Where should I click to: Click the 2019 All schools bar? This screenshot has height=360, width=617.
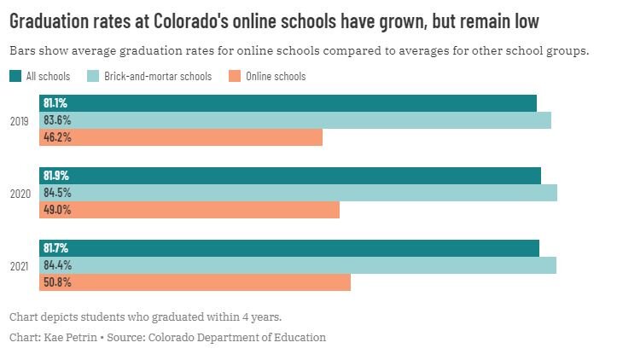point(288,103)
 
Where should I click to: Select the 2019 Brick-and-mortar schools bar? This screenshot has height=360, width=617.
point(295,120)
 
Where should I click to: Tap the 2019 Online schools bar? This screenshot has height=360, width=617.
point(181,137)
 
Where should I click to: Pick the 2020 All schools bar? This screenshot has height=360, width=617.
point(290,176)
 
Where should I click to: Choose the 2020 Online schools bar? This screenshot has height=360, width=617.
point(189,210)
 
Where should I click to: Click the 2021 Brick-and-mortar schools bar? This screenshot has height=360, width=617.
point(298,265)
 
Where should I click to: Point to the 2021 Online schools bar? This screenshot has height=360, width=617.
point(195,282)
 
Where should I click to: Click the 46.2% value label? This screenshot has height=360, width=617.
point(57,137)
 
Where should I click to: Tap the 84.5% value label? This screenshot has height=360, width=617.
point(57,193)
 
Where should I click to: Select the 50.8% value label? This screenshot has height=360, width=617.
point(57,282)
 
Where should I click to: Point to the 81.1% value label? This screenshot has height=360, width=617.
point(55,103)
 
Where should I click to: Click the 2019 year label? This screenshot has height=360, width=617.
point(19,121)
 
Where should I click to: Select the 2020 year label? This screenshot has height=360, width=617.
point(20,194)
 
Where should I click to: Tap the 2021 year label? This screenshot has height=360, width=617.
point(19,266)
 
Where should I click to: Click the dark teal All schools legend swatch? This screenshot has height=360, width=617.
point(15,77)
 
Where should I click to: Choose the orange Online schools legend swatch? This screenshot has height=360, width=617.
point(235,77)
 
